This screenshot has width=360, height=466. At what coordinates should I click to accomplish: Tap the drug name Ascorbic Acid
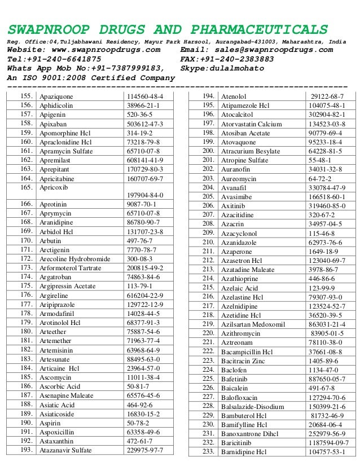[x=60, y=386]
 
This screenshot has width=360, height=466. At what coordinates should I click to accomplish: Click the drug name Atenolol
[x=233, y=96]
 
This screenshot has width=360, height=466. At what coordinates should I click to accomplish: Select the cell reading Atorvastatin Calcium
[x=251, y=124]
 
